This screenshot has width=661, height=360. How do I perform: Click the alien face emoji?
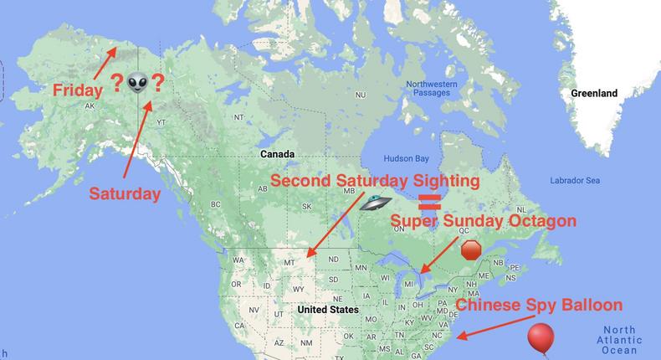pos(137,84)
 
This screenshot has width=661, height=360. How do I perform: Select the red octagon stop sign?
pos(472,250)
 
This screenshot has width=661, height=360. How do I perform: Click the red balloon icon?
pos(541,339)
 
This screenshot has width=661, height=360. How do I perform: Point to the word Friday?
pos(77,89)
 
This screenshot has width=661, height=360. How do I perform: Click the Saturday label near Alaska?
pos(125,193)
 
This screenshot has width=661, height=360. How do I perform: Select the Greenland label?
pos(594,94)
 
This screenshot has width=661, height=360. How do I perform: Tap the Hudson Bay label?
pos(405,157)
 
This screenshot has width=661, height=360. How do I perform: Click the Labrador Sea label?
pos(575,180)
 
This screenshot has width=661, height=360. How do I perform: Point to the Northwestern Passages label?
pos(432,89)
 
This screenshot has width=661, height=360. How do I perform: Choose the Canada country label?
pos(277,154)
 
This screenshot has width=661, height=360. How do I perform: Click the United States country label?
pos(328,310)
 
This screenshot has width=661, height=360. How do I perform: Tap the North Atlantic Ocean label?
pos(619,339)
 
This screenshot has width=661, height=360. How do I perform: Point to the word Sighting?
pos(442,181)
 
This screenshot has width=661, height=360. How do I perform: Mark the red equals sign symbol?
pos(430,201)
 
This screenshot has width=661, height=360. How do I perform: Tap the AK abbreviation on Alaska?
pos(90,106)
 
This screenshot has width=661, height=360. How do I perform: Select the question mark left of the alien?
pos(116,83)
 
